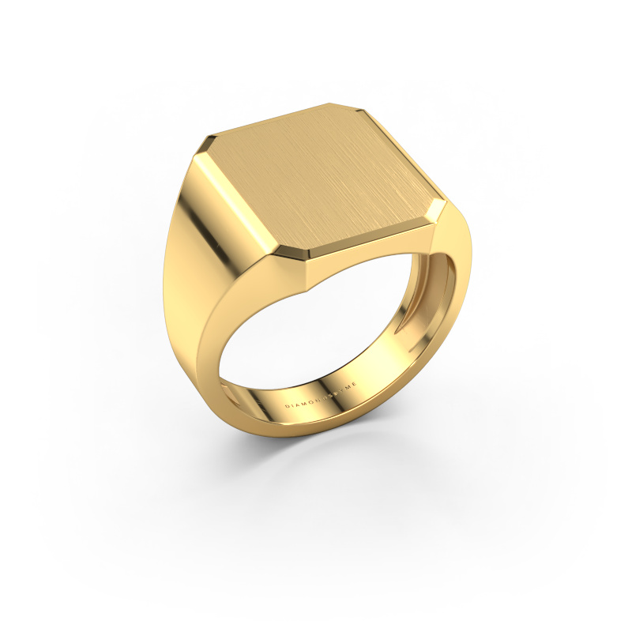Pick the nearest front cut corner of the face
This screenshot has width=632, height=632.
coord(305,260)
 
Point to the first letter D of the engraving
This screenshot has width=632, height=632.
coord(287,408)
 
